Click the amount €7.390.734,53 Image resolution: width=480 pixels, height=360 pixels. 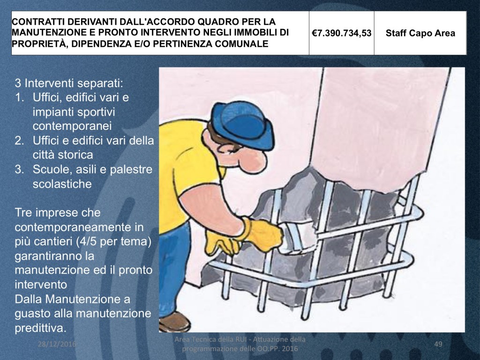click(x=341, y=33)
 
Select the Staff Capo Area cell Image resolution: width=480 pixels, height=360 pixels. click(x=420, y=33)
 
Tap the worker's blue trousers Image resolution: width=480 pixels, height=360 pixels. click(x=173, y=270)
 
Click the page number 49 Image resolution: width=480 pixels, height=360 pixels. click(x=438, y=344)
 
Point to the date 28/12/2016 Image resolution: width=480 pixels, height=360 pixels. click(x=57, y=344)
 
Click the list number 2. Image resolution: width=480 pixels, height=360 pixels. click(x=19, y=141)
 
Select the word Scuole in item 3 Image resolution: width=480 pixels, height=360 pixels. click(x=50, y=169)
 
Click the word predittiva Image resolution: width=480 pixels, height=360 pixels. click(x=40, y=328)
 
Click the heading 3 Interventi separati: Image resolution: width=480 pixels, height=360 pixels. click(x=69, y=83)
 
